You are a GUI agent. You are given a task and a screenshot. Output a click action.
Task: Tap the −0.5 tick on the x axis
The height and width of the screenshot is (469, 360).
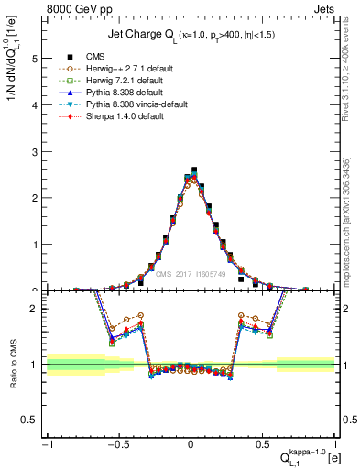117,446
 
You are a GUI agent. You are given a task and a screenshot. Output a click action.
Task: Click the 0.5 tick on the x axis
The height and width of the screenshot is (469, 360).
263,446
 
